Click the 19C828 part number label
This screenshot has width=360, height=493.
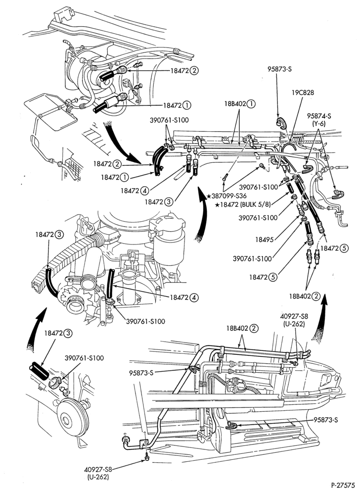click(x=302, y=93)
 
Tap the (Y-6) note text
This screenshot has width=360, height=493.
click(x=319, y=124)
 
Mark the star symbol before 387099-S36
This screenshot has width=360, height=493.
click(x=208, y=196)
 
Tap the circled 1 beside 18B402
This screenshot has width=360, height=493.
click(x=251, y=103)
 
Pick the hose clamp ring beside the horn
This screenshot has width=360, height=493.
click(x=55, y=382)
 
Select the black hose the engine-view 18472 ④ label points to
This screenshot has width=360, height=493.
click(x=110, y=284)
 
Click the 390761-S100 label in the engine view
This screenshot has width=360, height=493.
click(x=145, y=321)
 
